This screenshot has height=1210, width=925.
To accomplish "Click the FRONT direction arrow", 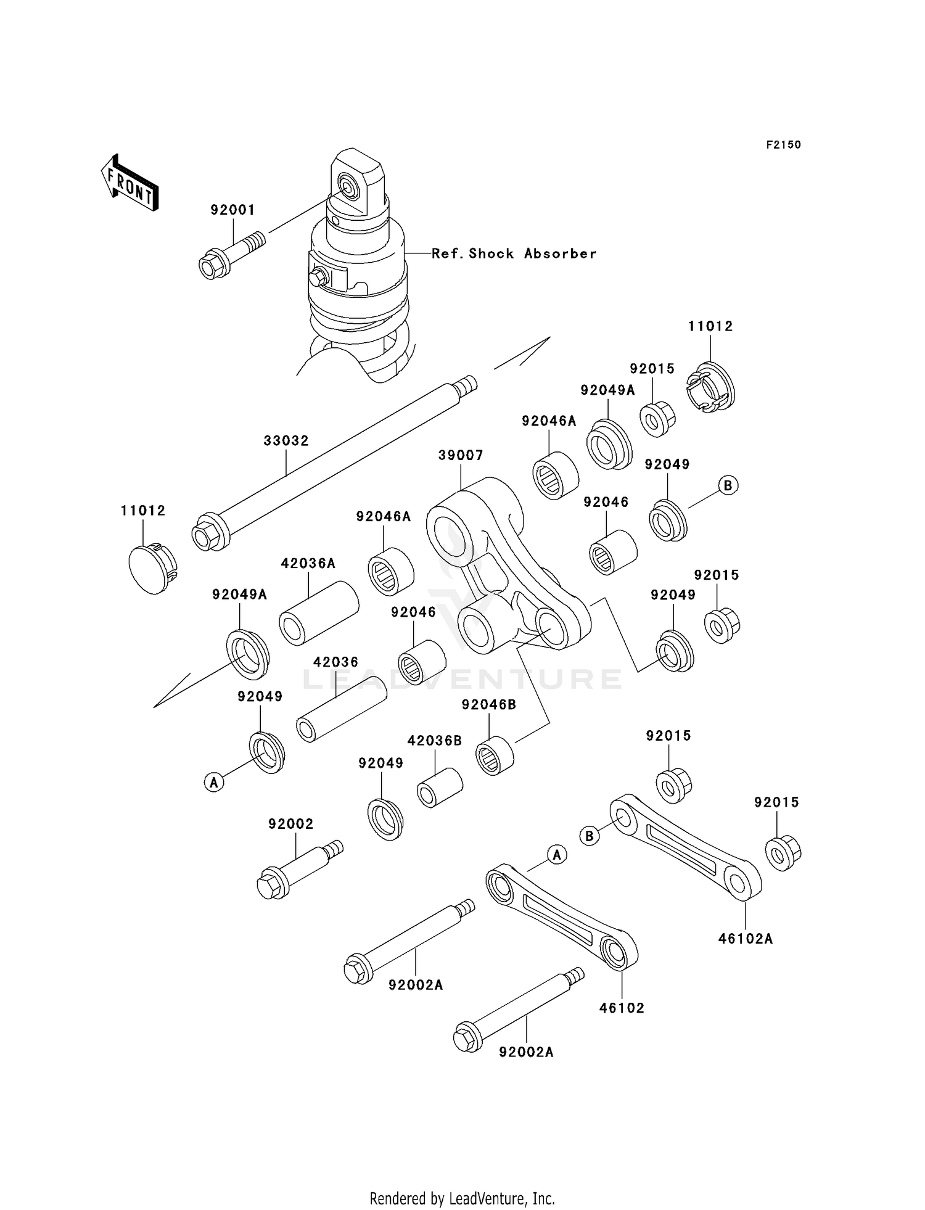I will click(130, 184).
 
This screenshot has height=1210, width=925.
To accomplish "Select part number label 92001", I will click(232, 210).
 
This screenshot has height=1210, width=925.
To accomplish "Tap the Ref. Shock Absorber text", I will click(514, 253).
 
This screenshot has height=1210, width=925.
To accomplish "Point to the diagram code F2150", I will click(783, 145).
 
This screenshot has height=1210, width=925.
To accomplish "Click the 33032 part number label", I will click(286, 441).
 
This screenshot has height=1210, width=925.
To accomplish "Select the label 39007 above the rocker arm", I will click(461, 455).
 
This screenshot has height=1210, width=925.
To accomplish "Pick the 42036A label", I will click(308, 563).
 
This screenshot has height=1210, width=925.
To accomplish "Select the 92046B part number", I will click(488, 705).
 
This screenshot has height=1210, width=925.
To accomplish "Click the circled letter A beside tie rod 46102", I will click(557, 855).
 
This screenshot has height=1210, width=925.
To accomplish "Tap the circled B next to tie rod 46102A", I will click(589, 836).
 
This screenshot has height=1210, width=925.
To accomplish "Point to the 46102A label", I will click(745, 939).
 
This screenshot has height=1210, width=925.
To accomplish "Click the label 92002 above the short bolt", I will click(290, 824).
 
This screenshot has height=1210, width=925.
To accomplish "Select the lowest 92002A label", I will click(526, 1052).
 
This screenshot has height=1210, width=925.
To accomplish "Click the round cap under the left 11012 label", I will click(150, 568).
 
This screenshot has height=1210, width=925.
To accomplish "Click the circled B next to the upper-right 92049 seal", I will click(728, 485).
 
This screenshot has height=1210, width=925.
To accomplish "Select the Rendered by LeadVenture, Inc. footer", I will click(462, 1198).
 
